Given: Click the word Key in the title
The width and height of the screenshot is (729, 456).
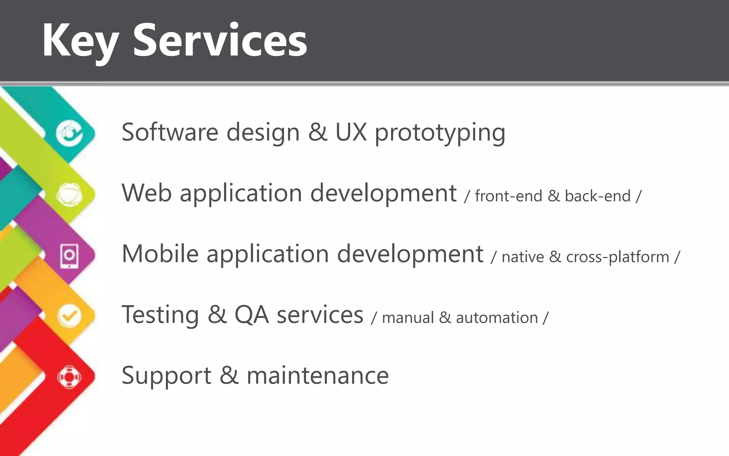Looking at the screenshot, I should (80, 41).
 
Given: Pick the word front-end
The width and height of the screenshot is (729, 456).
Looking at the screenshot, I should (508, 196).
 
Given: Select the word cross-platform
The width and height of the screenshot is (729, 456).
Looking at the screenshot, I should (617, 257).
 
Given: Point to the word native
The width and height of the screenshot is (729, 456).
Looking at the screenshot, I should (523, 257).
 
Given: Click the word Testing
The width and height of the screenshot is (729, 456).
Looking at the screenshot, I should (160, 315).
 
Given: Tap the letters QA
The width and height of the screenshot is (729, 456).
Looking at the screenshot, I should (251, 315).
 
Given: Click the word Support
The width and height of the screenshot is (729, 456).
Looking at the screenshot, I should (166, 376).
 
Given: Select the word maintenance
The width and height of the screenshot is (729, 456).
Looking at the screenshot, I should (318, 376).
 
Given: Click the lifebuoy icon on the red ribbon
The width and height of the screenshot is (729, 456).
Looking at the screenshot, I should (69, 377).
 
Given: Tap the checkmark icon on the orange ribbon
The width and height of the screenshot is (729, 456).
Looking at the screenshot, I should (69, 316).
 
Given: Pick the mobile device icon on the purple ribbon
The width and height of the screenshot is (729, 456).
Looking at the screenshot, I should (69, 255).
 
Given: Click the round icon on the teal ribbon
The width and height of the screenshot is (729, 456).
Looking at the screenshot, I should (69, 134).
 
